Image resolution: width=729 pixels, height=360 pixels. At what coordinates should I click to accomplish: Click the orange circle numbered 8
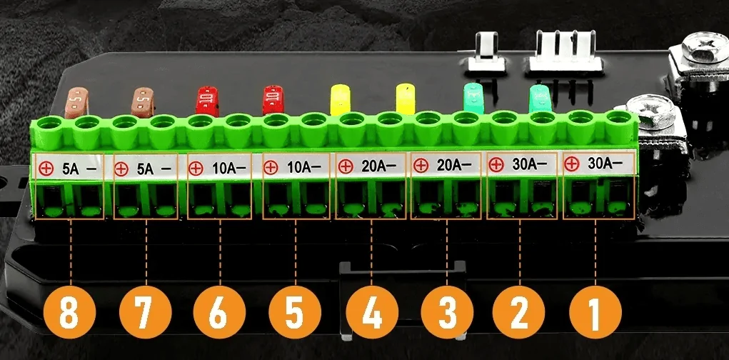coord(70,312)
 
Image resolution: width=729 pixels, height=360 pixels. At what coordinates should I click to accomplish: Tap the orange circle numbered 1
coord(595,312)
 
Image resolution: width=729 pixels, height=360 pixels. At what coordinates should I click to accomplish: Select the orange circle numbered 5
coord(295,312)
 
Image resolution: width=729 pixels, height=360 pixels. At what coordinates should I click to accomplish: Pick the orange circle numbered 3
coord(447,312)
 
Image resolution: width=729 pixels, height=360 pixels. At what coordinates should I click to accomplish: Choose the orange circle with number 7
coord(146,312)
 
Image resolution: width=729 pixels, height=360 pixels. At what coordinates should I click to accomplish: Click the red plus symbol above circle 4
coord(345,166)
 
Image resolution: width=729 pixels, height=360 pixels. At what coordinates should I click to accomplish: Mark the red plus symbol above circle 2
coord(496,164)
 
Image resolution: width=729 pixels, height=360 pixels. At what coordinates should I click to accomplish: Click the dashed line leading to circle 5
coord(295,253)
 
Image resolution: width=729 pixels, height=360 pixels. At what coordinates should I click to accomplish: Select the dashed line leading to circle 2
coord(520,253)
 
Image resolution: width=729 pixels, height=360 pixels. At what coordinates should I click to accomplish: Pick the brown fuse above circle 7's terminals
coord(144,102)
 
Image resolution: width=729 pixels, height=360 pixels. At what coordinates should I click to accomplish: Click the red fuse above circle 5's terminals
coord(273,100)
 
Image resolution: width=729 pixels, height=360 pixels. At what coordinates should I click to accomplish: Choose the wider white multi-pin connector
coord(565,51)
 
